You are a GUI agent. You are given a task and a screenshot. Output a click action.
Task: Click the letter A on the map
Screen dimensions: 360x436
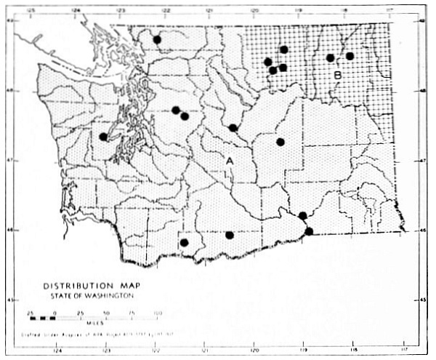click(x=230, y=160)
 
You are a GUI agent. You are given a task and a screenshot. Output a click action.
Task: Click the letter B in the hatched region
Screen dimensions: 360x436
click(x=338, y=75)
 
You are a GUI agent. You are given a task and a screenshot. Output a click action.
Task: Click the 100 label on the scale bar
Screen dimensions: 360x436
click(x=157, y=312)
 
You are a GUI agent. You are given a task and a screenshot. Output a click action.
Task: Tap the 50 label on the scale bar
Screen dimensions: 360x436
click(x=108, y=312)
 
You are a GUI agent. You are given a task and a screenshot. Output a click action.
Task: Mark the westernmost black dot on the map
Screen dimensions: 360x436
click(x=104, y=136)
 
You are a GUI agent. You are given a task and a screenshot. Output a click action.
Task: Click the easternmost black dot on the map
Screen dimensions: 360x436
click(x=350, y=56)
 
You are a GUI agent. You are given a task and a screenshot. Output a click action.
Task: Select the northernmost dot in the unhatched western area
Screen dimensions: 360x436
click(x=157, y=39)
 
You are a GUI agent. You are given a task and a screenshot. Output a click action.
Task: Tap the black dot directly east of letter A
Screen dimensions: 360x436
click(x=280, y=142)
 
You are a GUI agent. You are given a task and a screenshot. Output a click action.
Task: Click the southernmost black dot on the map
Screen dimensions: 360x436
click(x=185, y=243)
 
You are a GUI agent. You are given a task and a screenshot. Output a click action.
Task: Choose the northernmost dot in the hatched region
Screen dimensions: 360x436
click(x=284, y=49)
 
